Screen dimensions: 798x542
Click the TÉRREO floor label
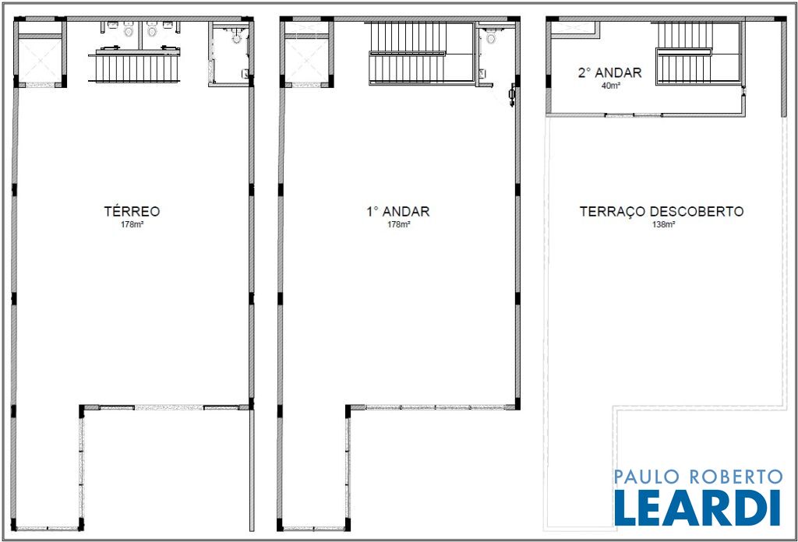132,211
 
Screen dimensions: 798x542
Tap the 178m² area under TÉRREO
132,224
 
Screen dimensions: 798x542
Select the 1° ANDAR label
398,212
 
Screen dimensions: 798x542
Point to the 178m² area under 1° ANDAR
398,224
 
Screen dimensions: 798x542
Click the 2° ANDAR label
609,72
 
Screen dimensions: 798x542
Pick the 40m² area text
611,86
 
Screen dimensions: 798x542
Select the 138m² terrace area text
664,224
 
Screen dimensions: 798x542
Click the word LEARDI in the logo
697,508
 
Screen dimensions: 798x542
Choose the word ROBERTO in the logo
736,477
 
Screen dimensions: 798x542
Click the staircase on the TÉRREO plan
134,68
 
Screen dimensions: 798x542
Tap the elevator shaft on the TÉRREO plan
41,59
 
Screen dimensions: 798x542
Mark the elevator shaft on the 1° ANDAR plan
306,59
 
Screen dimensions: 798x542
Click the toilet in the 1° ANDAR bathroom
491,37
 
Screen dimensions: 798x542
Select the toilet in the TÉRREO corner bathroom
237,37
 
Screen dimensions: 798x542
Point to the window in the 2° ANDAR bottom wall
634,115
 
